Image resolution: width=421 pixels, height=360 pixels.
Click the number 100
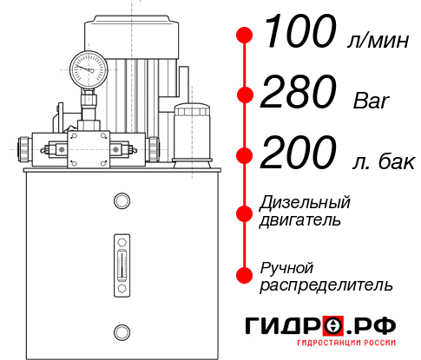click(x=299, y=34)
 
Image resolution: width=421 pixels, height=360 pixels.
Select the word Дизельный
click(x=306, y=203)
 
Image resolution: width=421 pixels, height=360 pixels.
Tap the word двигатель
click(x=300, y=220)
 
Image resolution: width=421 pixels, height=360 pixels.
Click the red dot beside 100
click(x=246, y=36)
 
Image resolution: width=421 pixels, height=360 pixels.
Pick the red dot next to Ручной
click(x=246, y=275)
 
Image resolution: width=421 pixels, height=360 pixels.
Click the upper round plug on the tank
click(x=122, y=201)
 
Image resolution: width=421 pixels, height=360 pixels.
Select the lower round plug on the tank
click(x=122, y=330)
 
